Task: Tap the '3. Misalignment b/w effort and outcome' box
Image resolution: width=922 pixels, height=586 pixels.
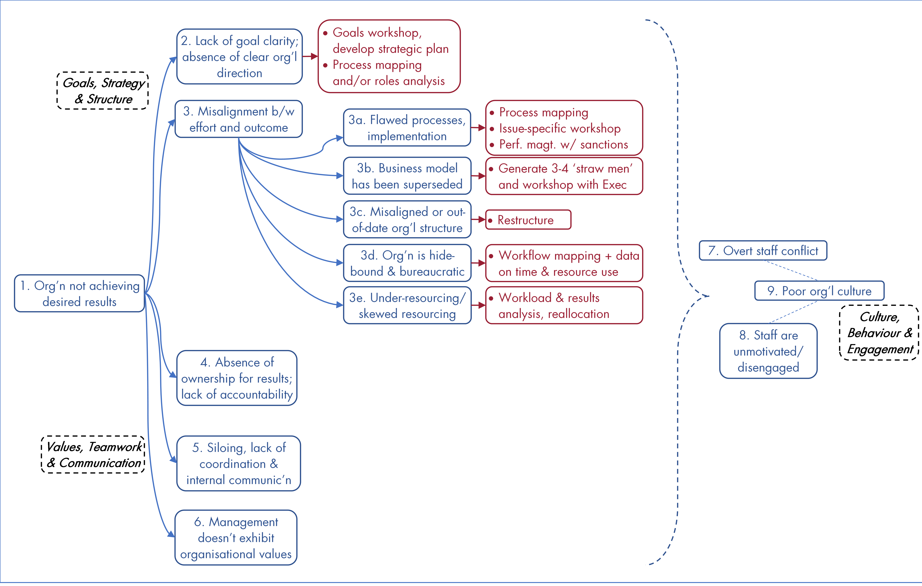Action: [238, 119]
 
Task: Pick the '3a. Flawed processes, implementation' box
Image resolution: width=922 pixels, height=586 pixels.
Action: [407, 128]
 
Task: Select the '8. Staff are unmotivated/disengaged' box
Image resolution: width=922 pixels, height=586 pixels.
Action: [768, 351]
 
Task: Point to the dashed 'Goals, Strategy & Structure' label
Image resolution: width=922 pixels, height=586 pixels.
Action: [103, 91]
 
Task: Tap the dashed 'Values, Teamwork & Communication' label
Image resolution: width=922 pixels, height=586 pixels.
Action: [93, 455]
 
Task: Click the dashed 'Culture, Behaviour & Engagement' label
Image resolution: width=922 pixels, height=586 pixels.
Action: [879, 333]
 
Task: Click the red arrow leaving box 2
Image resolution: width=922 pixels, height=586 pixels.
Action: [310, 56]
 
